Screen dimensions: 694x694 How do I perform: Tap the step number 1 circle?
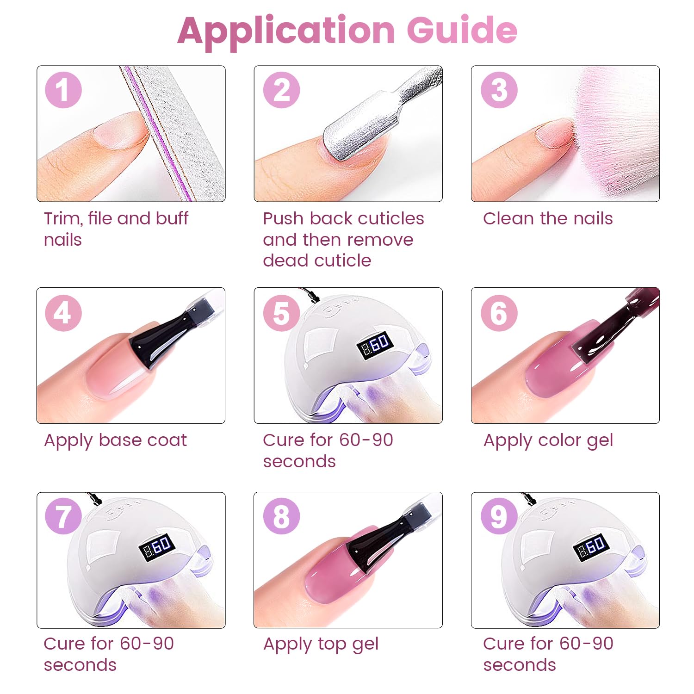(x=63, y=90)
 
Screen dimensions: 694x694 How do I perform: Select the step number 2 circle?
(x=281, y=90)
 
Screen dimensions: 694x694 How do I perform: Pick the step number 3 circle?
(x=499, y=90)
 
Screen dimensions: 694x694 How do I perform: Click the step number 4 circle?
(x=63, y=313)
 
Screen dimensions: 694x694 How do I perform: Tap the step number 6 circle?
(x=499, y=313)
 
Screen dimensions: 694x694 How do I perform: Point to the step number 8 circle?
(x=281, y=516)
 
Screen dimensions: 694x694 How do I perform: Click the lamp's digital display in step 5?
(x=375, y=345)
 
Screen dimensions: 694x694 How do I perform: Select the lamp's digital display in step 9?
(x=592, y=548)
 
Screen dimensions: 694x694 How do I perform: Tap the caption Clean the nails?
(x=548, y=218)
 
